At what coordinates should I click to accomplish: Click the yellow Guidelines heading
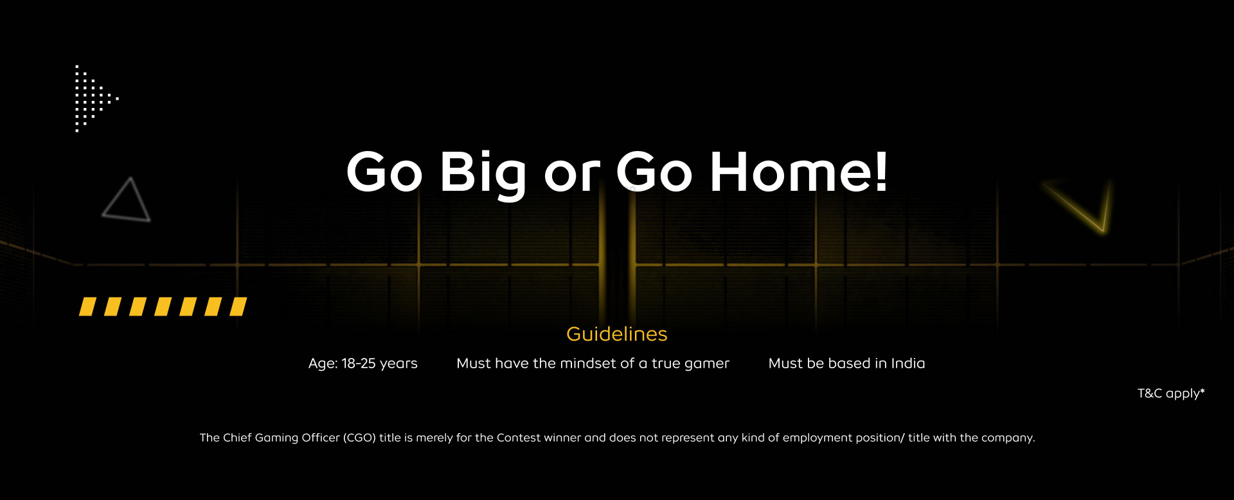coord(617,334)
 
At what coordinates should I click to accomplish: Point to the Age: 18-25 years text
coord(363,364)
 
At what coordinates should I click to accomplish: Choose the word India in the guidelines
coord(908,363)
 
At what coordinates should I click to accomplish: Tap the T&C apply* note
coord(1171,393)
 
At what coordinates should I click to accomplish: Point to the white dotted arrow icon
coord(96,98)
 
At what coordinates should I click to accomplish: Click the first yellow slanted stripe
coord(87,307)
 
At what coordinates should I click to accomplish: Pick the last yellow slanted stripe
coord(238,307)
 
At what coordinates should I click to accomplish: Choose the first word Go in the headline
coord(384,172)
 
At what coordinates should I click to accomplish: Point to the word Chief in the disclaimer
coord(237,438)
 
